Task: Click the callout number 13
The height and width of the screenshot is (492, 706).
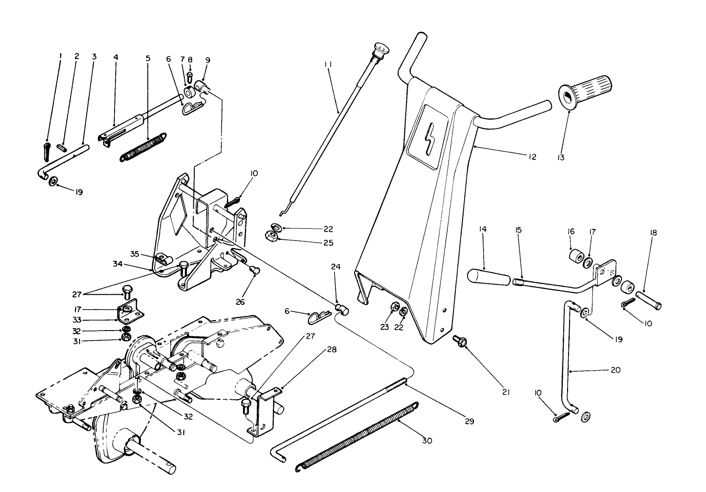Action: click(x=560, y=157)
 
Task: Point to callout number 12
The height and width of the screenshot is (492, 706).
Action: click(x=532, y=157)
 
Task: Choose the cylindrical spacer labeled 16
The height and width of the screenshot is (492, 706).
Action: click(x=577, y=257)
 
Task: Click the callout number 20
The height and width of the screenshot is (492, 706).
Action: click(x=616, y=370)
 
